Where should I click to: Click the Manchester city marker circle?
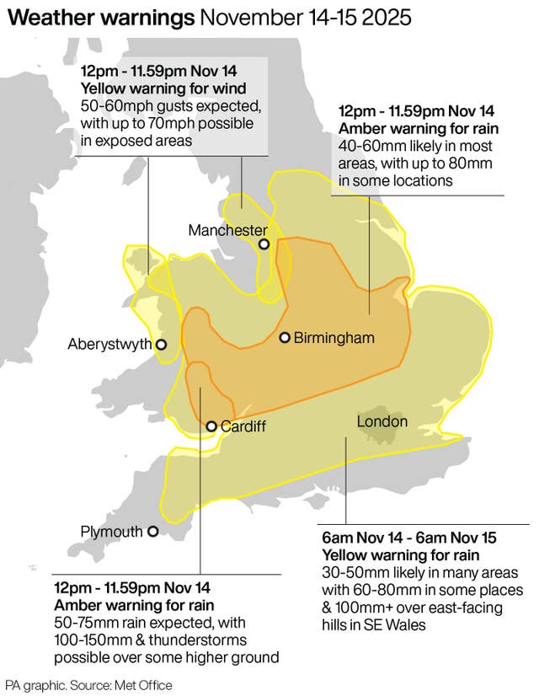[264, 244]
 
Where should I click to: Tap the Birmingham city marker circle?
[286, 338]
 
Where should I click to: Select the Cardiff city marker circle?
[211, 427]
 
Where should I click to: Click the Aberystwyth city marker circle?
[161, 344]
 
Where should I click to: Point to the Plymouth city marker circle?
[152, 532]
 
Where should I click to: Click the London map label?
[382, 421]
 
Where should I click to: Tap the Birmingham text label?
[334, 338]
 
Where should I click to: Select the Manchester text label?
[227, 230]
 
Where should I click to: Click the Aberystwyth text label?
[109, 344]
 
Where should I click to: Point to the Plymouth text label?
[112, 532]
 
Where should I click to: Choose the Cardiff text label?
[243, 427]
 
